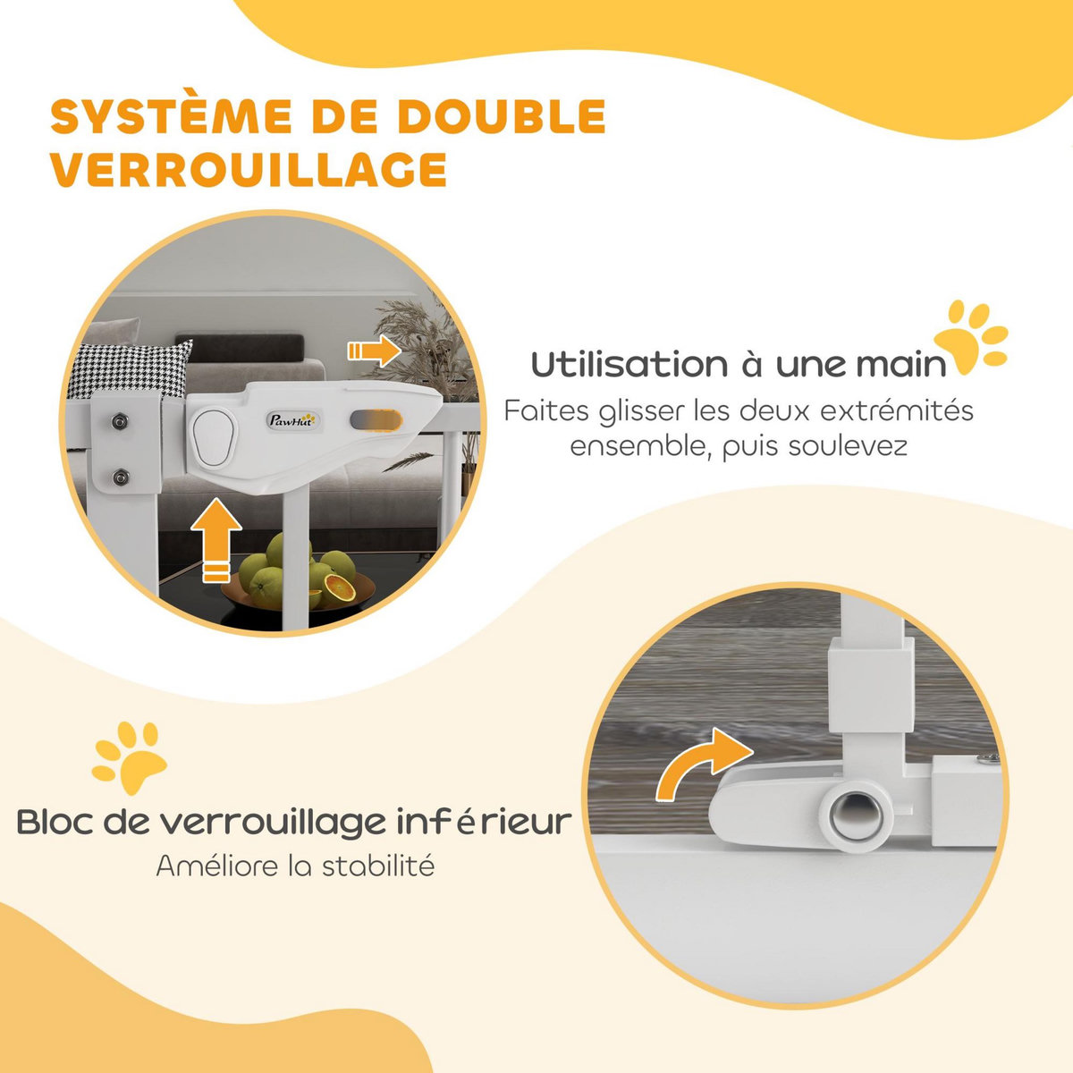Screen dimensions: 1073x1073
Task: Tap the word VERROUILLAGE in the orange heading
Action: click(249, 169)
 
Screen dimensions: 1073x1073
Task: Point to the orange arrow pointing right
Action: click(373, 351)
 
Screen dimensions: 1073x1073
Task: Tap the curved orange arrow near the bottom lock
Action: click(701, 763)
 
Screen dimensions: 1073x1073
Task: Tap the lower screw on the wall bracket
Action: click(120, 477)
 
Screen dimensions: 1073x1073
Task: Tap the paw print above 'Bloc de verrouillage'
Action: click(131, 759)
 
